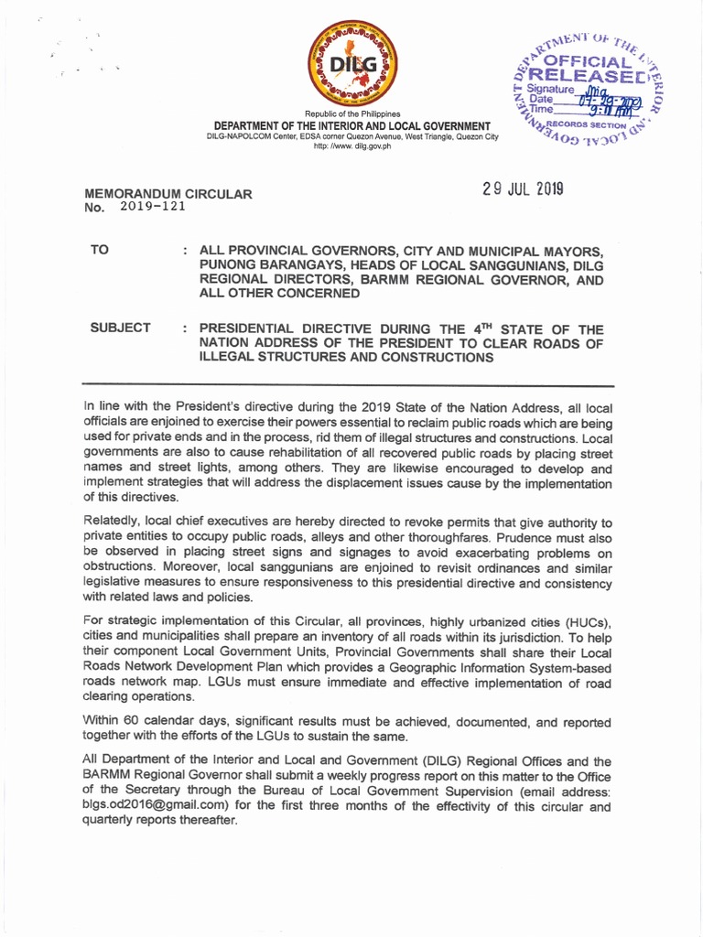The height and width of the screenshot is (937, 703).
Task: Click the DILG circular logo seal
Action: tap(351, 63)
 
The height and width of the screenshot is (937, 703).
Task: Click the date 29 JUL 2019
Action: tap(523, 189)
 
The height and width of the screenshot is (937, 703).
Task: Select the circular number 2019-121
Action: tap(153, 206)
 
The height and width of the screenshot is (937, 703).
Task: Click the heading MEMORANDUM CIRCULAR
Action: tap(168, 194)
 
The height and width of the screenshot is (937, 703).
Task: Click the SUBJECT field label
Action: tap(120, 328)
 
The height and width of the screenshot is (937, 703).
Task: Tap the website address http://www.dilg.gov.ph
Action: tap(351, 146)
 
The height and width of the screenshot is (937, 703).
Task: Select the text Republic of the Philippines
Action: tap(351, 113)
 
